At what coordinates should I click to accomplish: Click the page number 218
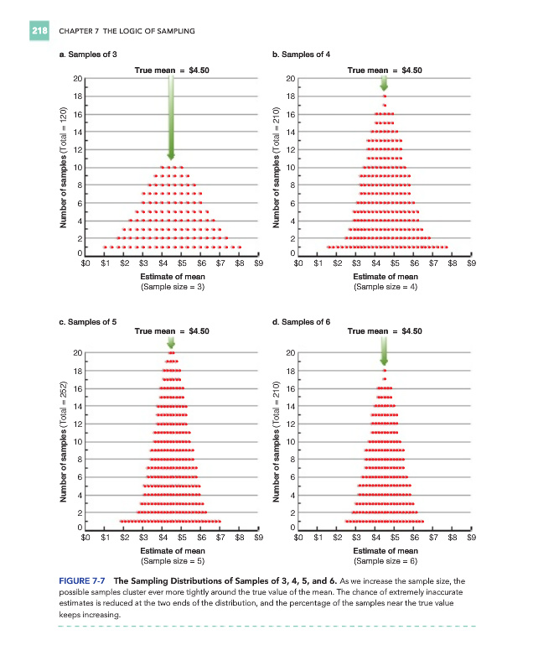[39, 31]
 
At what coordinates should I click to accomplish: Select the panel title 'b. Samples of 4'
[298, 54]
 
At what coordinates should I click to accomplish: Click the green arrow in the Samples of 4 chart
[384, 83]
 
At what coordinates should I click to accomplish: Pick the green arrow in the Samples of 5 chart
[171, 342]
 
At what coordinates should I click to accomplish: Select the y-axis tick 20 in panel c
[77, 352]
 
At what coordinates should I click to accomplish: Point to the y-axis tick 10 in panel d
[290, 441]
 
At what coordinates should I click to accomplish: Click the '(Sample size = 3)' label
[172, 286]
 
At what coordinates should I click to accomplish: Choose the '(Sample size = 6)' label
[385, 559]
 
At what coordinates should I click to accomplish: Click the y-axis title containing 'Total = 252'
[63, 440]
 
